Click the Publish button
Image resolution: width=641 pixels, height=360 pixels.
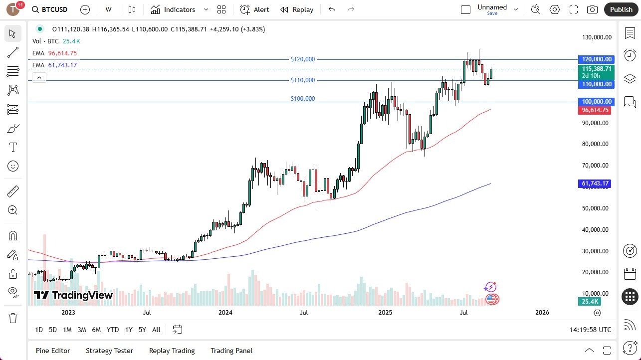tap(621, 9)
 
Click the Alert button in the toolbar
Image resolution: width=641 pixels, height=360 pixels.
tap(254, 9)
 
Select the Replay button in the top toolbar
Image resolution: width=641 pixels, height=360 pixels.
tap(297, 9)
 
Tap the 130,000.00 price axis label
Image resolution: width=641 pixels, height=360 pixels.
tap(596, 37)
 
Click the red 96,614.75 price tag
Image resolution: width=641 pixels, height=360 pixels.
tap(595, 110)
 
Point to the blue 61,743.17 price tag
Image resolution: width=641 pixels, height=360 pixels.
tap(595, 183)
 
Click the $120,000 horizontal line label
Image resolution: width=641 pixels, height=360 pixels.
tap(303, 59)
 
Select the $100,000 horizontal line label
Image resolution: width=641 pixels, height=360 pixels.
tap(303, 99)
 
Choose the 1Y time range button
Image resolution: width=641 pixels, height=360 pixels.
tap(129, 330)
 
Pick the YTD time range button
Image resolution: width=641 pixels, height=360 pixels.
tap(113, 330)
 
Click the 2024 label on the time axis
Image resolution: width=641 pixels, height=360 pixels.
tap(225, 313)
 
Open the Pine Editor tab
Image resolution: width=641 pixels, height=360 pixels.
tap(53, 351)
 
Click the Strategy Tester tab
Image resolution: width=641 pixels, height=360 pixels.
tap(109, 351)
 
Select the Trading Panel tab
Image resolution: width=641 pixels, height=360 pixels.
tap(231, 351)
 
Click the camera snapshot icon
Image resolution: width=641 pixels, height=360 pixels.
tap(592, 9)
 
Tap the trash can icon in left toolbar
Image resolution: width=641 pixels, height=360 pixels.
tap(13, 318)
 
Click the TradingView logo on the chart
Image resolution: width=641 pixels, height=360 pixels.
tap(73, 295)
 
